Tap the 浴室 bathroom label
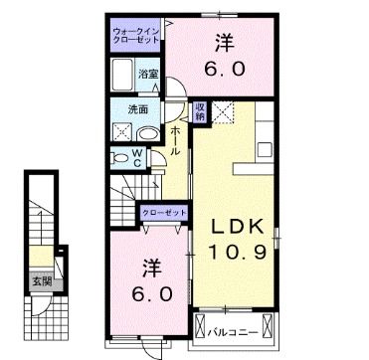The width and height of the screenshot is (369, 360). coord(148,75)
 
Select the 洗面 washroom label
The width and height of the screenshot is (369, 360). coord(137,109)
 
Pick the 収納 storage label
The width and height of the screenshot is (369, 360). coord(200,111)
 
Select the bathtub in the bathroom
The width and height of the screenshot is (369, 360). coord(124,75)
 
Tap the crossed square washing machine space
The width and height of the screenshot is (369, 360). coord(120,130)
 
